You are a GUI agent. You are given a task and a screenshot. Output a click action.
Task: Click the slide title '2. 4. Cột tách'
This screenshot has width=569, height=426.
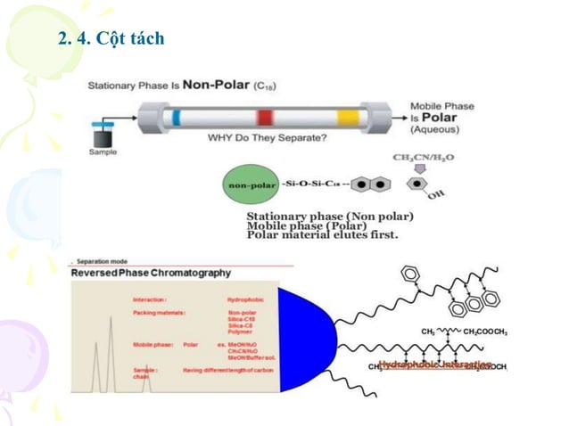[x=111, y=40]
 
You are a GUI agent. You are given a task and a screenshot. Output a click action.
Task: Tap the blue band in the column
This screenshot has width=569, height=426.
[x=177, y=118]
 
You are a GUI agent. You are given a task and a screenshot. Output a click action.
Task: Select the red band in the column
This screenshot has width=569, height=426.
[x=265, y=118]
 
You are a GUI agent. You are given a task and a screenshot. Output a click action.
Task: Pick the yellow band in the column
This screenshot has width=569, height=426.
[x=347, y=118]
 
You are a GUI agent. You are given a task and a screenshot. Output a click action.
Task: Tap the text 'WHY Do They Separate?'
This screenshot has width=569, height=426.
[x=266, y=138]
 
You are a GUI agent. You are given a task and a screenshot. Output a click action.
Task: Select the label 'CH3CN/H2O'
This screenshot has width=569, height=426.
[x=423, y=158]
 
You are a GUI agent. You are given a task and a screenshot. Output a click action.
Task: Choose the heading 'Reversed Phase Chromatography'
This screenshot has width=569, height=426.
[x=153, y=273]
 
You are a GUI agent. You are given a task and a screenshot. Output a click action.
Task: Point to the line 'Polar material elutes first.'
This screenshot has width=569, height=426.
[x=323, y=235]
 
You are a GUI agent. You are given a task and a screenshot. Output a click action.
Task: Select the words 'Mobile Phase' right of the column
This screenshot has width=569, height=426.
[x=442, y=106]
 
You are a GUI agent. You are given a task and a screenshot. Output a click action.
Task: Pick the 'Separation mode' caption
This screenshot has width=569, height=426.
[x=106, y=262]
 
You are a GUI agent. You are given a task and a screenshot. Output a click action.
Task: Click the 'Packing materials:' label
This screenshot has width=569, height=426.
[x=160, y=314]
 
